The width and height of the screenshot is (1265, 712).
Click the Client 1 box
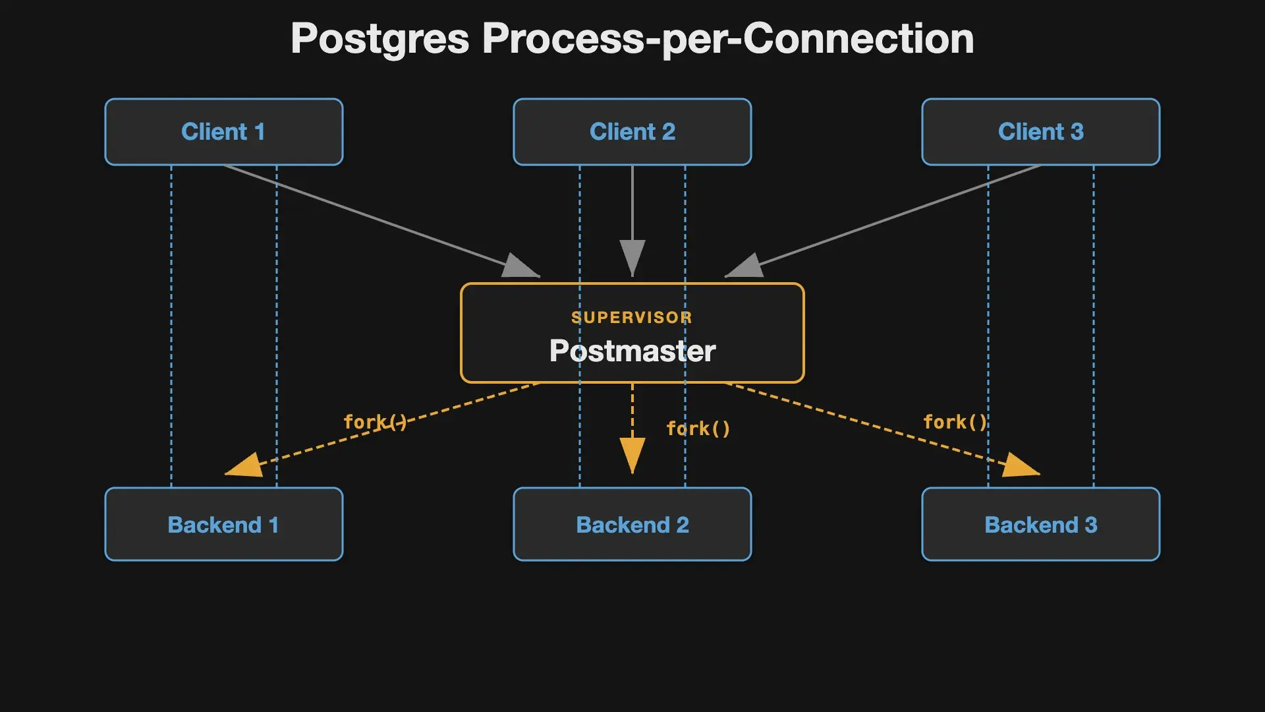[224, 132]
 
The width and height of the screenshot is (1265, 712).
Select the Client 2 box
[632, 132]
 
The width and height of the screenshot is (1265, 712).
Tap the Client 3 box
[1041, 132]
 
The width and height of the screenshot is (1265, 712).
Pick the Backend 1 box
[224, 524]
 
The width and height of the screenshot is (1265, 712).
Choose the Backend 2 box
[632, 524]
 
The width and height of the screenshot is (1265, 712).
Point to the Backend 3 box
[1041, 524]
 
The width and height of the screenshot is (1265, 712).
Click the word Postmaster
[632, 351]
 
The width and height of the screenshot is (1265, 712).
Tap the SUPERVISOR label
[632, 318]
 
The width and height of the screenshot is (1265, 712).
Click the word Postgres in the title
[380, 40]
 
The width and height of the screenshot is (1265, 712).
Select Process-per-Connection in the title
[728, 40]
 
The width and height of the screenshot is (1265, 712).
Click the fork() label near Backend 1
[376, 422]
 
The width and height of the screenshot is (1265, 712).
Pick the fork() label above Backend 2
[698, 429]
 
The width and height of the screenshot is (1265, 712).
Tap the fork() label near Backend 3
[955, 422]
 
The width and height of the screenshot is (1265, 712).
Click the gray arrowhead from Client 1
[521, 266]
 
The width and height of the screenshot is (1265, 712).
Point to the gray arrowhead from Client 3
[744, 266]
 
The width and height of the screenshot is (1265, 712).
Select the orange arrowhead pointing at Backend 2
[632, 456]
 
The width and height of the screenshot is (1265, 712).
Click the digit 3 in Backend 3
[1091, 525]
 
